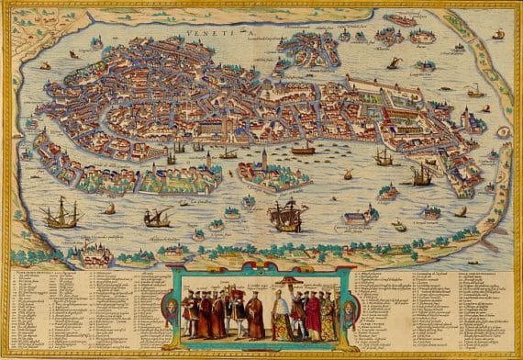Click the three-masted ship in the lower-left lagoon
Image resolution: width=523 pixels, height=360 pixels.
(x=61, y=214)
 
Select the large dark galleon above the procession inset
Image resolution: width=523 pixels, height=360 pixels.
(x=286, y=216)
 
